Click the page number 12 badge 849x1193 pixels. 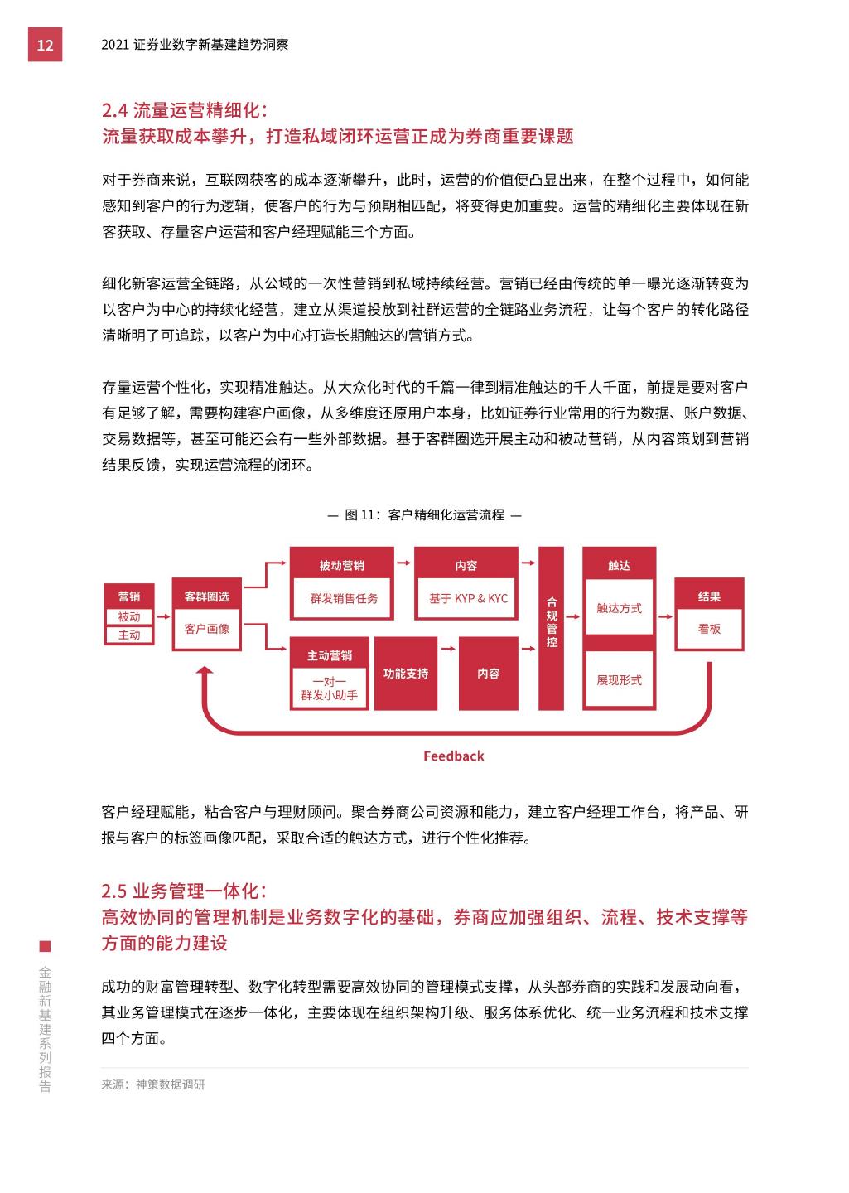point(45,45)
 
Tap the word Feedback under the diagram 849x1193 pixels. point(453,756)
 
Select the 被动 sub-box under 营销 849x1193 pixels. point(129,616)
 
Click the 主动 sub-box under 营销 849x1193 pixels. point(129,635)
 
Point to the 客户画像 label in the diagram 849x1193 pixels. point(207,629)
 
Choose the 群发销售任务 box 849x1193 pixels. point(344,598)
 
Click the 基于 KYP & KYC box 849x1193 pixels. point(468,598)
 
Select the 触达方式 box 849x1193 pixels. point(619,608)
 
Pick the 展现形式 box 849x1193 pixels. point(619,680)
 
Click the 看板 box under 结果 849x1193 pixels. point(709,629)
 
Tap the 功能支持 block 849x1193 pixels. point(406,674)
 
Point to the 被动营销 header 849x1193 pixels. point(342,565)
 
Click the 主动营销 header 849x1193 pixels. point(329,655)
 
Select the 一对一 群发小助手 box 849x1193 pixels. point(329,688)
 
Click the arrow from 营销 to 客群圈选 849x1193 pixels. point(162,616)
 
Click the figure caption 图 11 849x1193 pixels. point(424,514)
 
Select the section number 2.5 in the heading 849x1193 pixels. point(113,891)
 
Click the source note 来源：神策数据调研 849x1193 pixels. point(153,1084)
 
